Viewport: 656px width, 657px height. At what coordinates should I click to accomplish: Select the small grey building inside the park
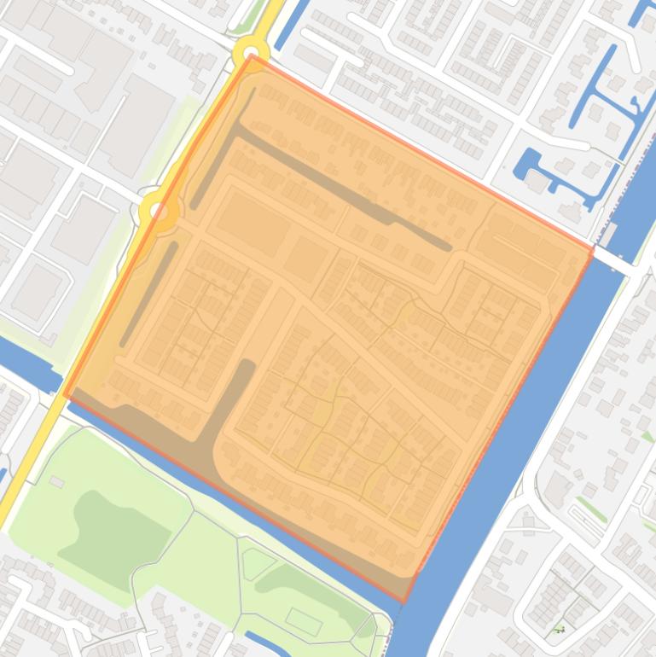(x=57, y=482)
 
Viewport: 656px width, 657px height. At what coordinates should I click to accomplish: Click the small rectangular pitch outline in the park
(x=303, y=621)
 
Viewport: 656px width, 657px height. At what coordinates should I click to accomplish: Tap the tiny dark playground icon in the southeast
(x=560, y=631)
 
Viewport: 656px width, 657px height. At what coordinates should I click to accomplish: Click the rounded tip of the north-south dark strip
(x=247, y=366)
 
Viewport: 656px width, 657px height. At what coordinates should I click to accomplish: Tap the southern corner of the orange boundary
(x=404, y=601)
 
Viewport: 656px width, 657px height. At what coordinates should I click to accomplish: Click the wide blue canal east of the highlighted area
(x=512, y=427)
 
